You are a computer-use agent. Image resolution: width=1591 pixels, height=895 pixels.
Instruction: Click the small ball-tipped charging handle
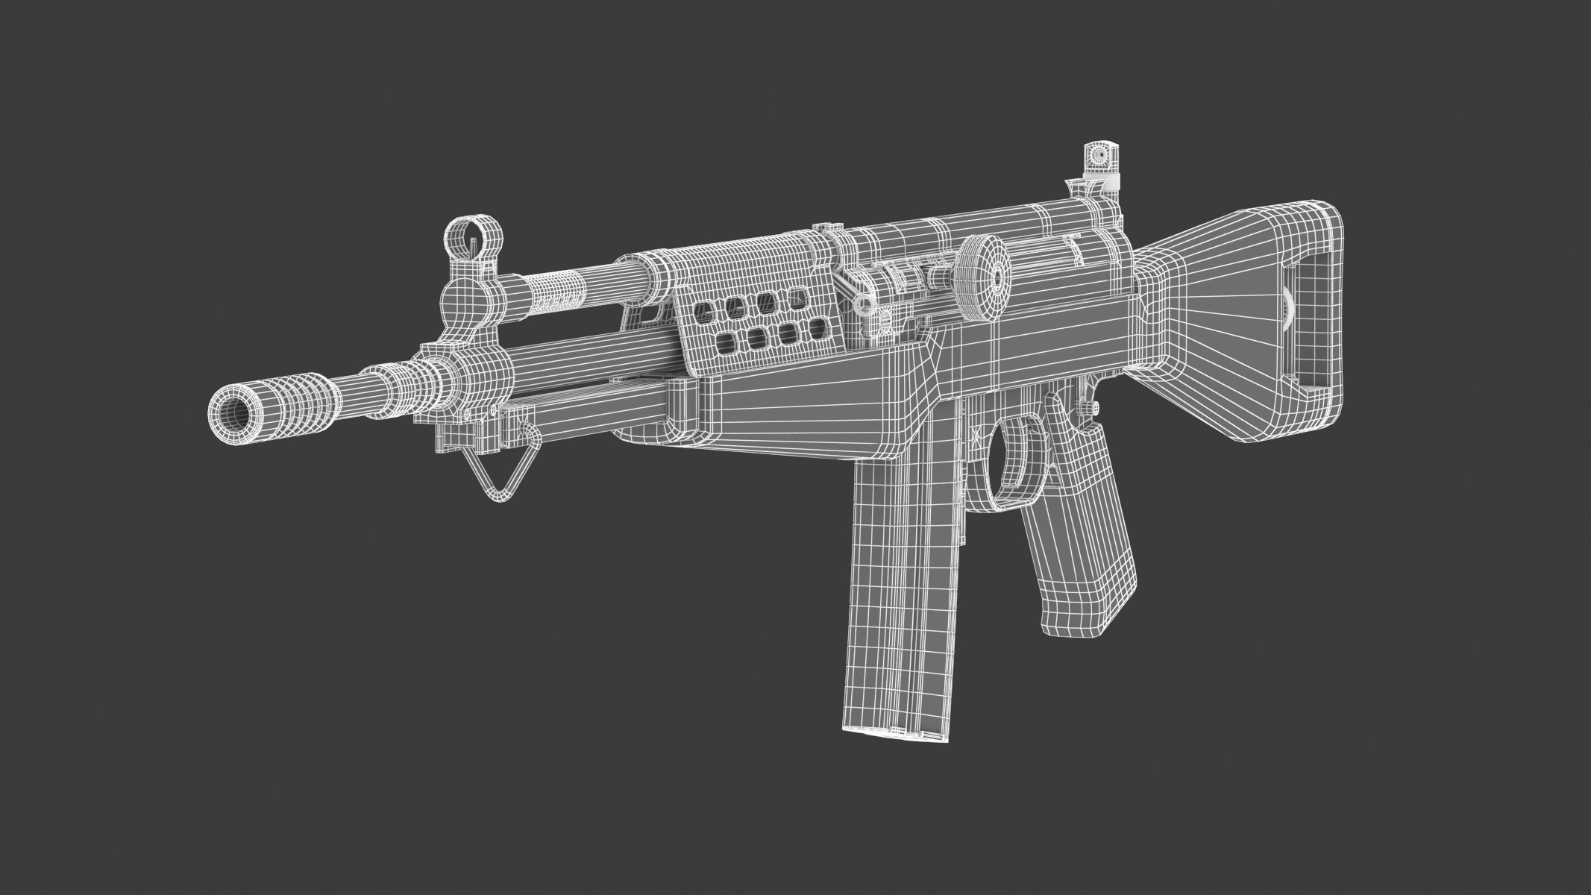864,304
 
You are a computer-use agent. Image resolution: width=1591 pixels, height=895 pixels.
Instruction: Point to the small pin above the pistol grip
1093,406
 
